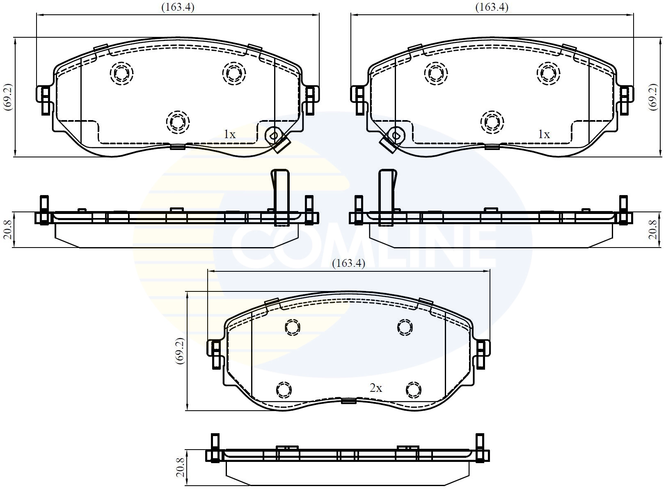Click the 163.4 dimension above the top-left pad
coord(178,7)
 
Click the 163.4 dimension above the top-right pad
coord(492,7)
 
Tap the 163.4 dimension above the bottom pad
coord(348,263)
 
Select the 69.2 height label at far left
coord(8,97)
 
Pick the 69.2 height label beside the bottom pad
coord(179,351)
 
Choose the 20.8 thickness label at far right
coord(653,230)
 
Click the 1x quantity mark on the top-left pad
coord(229,134)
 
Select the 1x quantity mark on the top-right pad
coord(544,134)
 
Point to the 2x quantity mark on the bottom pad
coord(376,388)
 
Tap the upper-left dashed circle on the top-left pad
coord(122,73)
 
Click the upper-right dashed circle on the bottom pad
coord(405,327)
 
